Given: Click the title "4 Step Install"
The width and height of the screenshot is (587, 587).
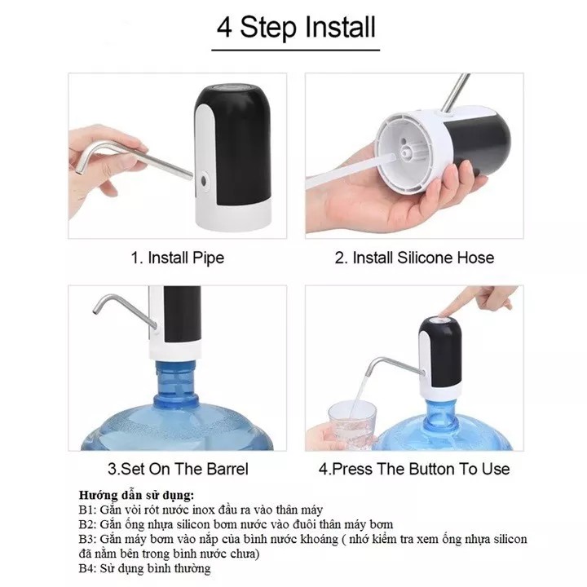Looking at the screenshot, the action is [x=296, y=28].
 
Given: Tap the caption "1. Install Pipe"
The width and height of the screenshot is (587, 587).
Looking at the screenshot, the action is [x=178, y=258].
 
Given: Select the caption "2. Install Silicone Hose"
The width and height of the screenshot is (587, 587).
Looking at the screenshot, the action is [x=414, y=258].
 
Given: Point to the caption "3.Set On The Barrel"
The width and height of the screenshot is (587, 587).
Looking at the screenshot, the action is [x=178, y=469].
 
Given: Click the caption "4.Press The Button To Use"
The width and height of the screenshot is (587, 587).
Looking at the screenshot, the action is [x=414, y=469].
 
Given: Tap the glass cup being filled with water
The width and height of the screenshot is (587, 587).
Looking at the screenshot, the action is [x=352, y=425].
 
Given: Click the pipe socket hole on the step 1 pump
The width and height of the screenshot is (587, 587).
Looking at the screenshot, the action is [x=204, y=181].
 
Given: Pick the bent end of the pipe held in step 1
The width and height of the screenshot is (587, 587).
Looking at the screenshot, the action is [x=83, y=161].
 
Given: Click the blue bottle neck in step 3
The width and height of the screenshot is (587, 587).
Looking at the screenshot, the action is [x=176, y=380].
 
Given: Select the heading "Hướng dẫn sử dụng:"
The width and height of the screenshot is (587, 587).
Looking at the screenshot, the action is [x=137, y=496].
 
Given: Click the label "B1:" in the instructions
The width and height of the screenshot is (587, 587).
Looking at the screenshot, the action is [x=88, y=510].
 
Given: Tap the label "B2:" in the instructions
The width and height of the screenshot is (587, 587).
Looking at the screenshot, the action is [x=88, y=524].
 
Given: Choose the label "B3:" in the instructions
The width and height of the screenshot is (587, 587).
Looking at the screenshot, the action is [x=88, y=539].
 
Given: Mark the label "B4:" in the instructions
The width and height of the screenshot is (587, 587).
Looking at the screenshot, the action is [x=88, y=568].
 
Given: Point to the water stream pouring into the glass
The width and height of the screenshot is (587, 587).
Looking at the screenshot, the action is [x=358, y=395].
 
